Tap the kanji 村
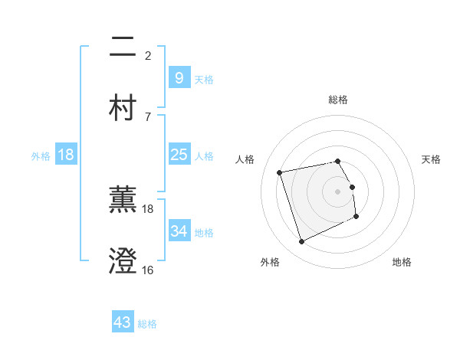tap(123, 106)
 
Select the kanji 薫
tap(123, 200)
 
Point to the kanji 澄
tap(123, 260)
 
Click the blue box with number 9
tap(179, 78)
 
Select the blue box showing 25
tap(179, 155)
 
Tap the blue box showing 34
tap(179, 231)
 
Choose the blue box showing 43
tap(123, 322)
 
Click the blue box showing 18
tap(66, 155)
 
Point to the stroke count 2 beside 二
tap(148, 55)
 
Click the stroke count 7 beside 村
tap(148, 116)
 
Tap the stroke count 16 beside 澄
tap(148, 270)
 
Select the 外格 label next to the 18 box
tap(41, 155)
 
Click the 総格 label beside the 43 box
tap(147, 324)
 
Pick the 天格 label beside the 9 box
tap(203, 79)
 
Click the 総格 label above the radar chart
tap(338, 100)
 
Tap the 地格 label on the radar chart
tap(402, 262)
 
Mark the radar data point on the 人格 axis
tap(280, 172)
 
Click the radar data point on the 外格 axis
tap(301, 242)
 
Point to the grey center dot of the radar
tap(338, 191)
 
